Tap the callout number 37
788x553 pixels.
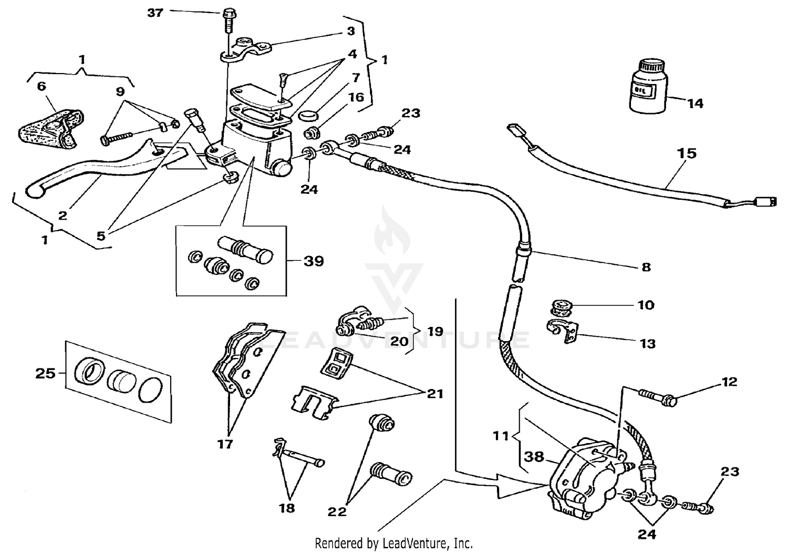point(155,12)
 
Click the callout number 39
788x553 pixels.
point(314,261)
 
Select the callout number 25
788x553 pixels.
point(45,374)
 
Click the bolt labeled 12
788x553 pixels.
point(657,397)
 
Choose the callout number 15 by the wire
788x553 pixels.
point(687,153)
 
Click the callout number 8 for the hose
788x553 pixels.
point(646,267)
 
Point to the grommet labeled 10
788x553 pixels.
point(561,306)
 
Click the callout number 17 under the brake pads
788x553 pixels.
point(225,444)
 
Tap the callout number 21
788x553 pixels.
point(435,394)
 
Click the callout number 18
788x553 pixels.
point(287,508)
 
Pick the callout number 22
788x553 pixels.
point(337,510)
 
